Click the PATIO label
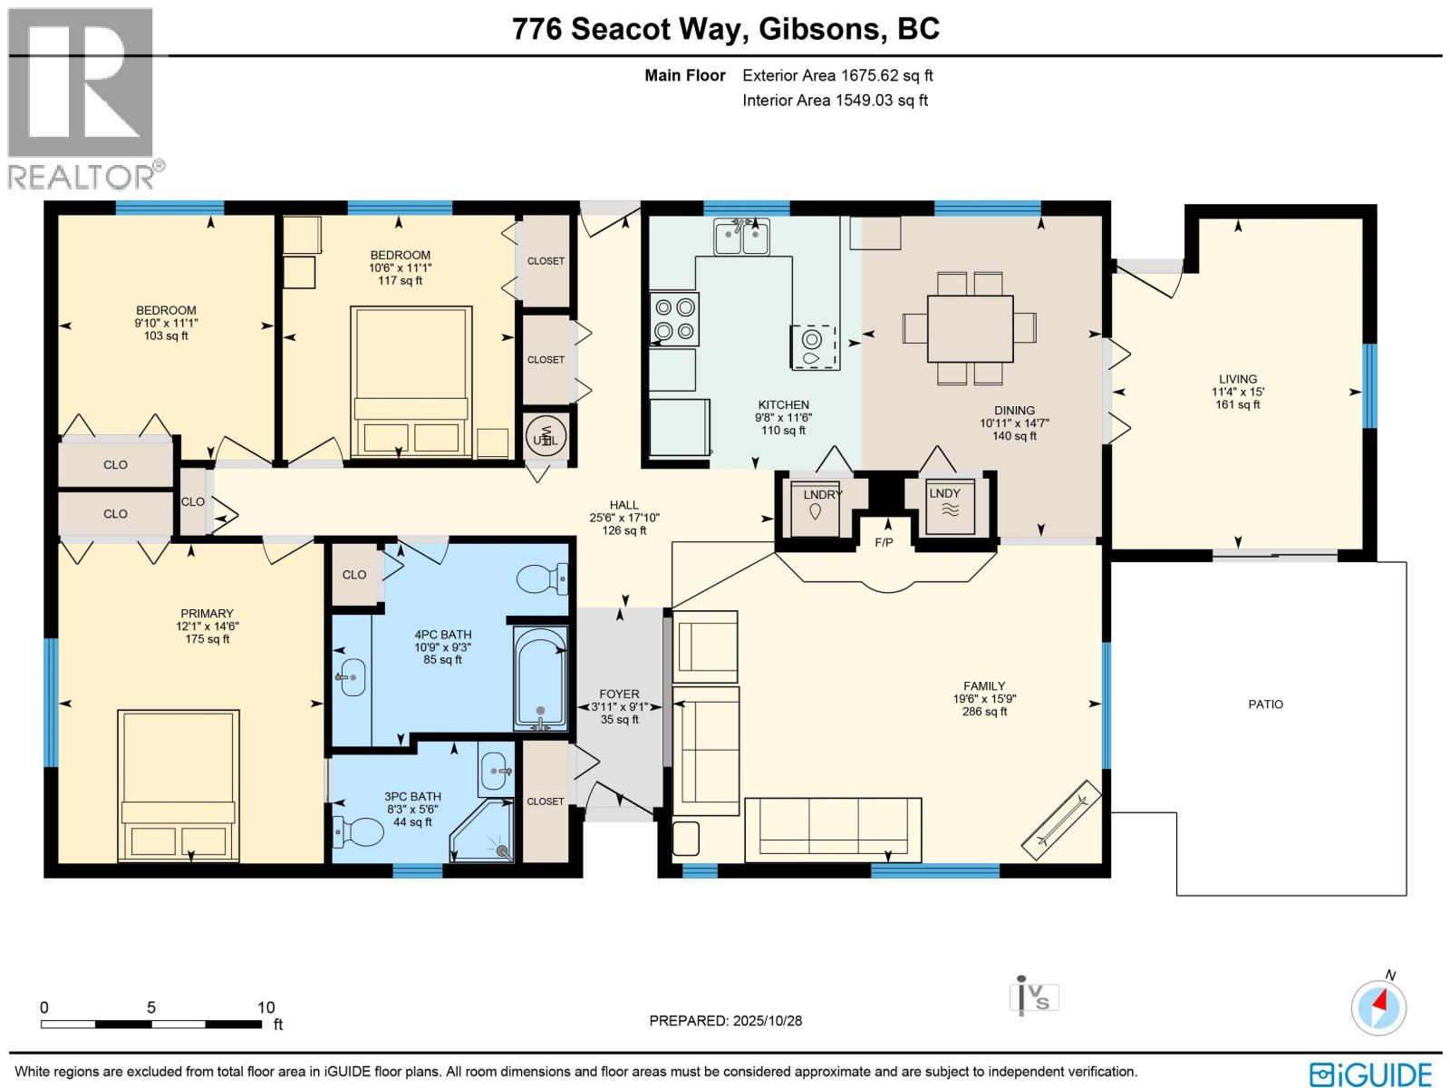point(1265,704)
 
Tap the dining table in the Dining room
point(970,328)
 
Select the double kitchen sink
point(742,238)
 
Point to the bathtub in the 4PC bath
point(540,677)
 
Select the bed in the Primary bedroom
point(179,785)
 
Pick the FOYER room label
point(619,694)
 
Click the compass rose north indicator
point(1379,1006)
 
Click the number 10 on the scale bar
point(266,1007)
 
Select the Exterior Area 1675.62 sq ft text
point(837,76)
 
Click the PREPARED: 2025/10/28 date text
point(725,1021)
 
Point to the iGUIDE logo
point(1371,1074)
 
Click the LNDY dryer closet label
point(944,493)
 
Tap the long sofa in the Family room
point(833,829)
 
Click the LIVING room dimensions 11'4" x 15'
point(1238,392)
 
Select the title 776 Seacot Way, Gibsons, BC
point(726,29)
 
